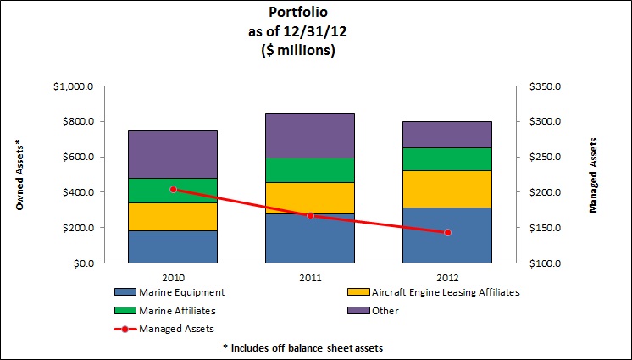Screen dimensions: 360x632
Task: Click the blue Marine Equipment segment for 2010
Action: pos(173,246)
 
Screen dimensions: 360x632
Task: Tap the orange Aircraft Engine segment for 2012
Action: pos(447,189)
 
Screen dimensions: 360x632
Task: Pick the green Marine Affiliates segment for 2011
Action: pos(310,169)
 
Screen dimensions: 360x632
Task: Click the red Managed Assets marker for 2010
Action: pos(173,190)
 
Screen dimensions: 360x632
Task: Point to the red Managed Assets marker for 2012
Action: pos(447,232)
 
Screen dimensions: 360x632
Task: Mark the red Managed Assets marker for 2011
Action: pos(310,215)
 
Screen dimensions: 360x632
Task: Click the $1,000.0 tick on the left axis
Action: pos(74,86)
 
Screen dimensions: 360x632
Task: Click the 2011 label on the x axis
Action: pos(310,276)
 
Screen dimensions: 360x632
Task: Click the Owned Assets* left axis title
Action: pos(19,176)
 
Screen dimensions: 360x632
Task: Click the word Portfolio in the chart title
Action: pos(315,13)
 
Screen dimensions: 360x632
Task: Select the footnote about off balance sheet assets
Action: pos(315,347)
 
